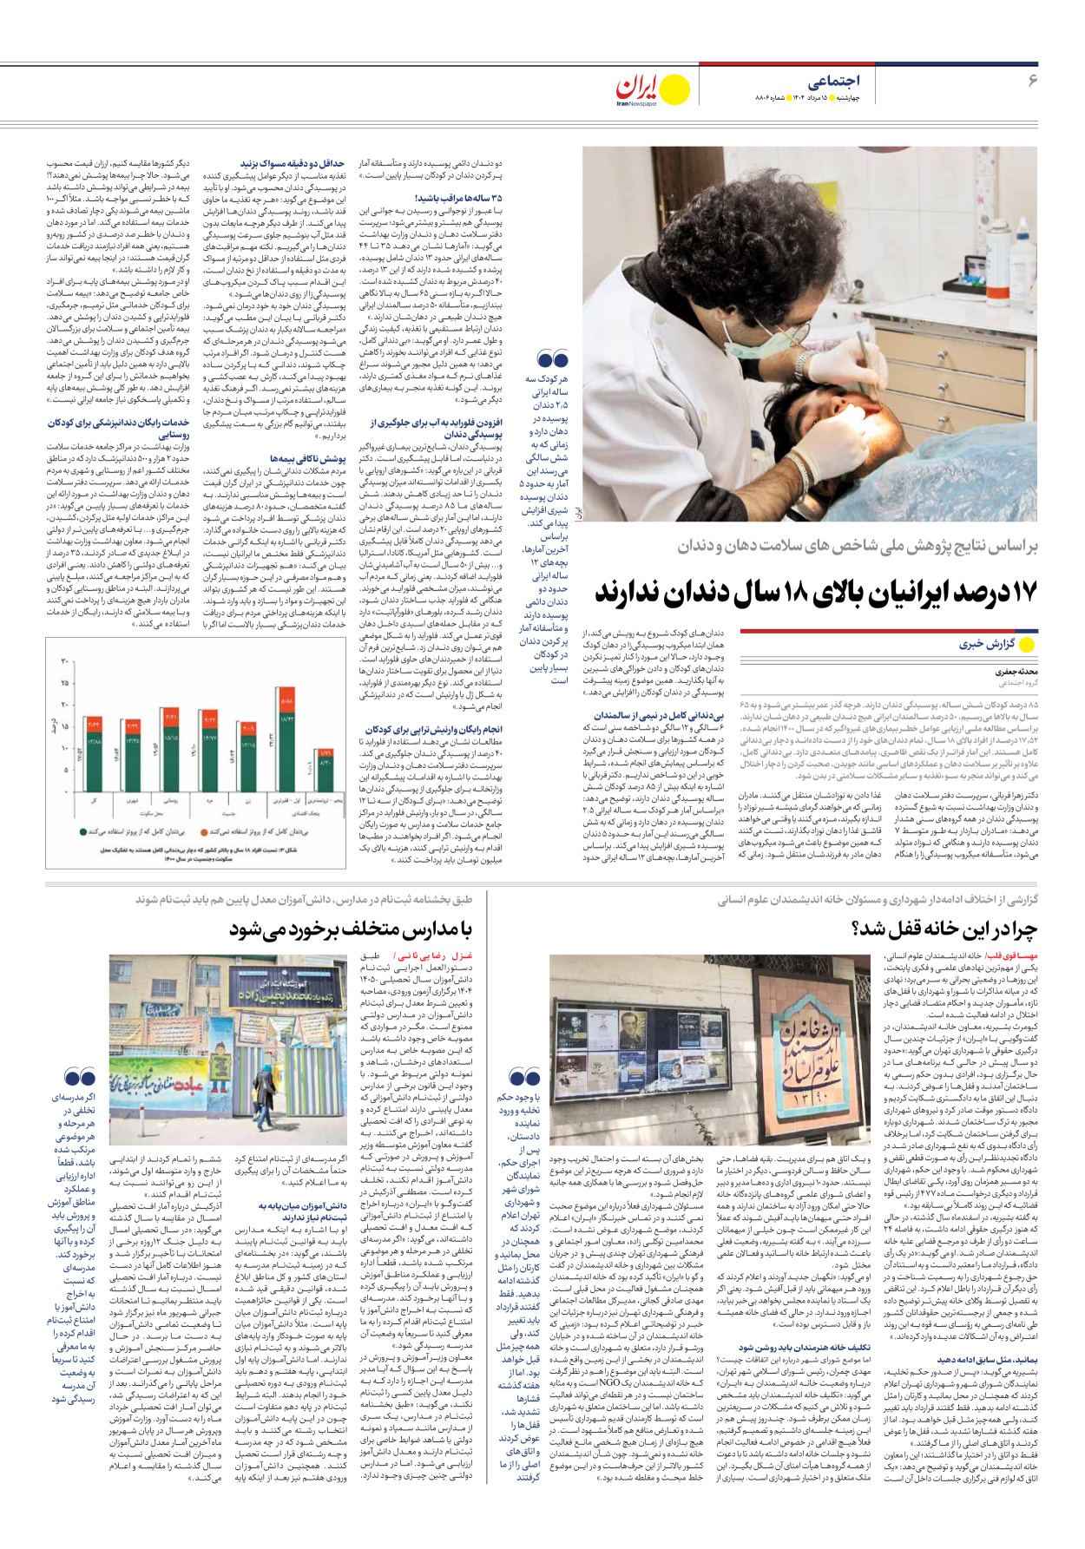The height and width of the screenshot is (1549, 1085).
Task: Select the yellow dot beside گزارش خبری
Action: (x=1028, y=644)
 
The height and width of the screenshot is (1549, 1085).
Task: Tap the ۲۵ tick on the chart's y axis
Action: (x=64, y=683)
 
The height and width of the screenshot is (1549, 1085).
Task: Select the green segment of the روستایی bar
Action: (x=171, y=763)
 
